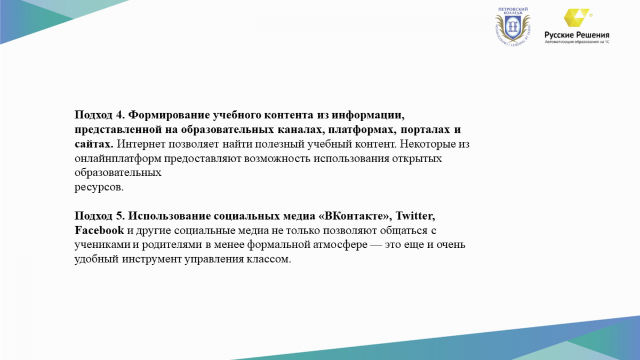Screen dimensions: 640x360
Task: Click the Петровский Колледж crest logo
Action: (x=513, y=27)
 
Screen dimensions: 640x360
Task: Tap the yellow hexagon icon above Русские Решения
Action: (x=576, y=18)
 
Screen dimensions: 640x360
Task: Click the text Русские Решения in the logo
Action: (x=577, y=35)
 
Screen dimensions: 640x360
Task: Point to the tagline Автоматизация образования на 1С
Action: (x=577, y=42)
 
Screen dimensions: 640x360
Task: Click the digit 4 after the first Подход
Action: (x=119, y=115)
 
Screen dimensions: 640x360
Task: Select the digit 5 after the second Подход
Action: (x=119, y=216)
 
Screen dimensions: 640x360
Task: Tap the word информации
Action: (x=368, y=115)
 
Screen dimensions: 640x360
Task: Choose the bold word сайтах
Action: (x=94, y=144)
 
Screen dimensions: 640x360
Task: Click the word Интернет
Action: (x=141, y=144)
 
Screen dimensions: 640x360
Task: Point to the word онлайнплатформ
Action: (x=118, y=159)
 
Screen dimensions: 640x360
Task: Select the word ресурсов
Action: (x=99, y=188)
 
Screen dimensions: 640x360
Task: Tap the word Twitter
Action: (x=415, y=216)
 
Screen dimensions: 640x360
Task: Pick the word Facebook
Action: (x=99, y=230)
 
